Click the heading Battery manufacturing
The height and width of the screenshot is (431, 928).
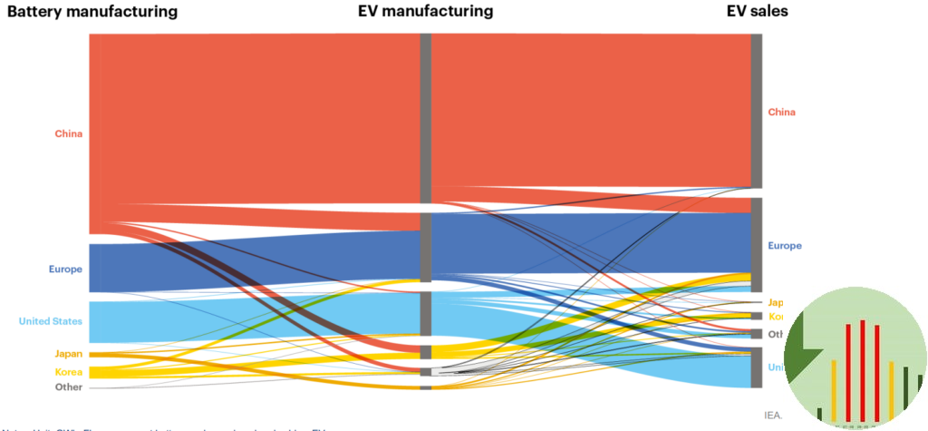(x=92, y=12)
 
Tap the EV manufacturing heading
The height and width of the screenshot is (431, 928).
(x=425, y=12)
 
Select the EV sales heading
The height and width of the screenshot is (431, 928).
(x=757, y=12)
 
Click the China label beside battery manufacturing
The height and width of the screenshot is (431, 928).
(x=68, y=134)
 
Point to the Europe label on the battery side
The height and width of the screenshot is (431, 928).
(x=65, y=269)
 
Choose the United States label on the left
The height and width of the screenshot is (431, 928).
(x=50, y=321)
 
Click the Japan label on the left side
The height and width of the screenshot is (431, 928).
(x=68, y=354)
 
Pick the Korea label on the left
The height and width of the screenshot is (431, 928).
(x=68, y=372)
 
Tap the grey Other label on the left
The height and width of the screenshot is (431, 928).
(x=68, y=387)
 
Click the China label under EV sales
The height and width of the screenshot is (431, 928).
(x=781, y=113)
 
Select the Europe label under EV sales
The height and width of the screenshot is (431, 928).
(x=784, y=246)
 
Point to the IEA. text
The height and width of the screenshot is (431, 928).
(x=773, y=415)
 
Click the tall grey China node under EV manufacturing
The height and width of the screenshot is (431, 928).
(x=425, y=118)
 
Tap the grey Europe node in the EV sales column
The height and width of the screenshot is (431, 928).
(x=756, y=243)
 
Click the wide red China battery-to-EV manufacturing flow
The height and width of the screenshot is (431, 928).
(x=254, y=118)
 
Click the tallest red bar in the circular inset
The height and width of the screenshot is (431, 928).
(x=863, y=371)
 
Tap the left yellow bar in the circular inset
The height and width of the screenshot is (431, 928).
(x=834, y=390)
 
